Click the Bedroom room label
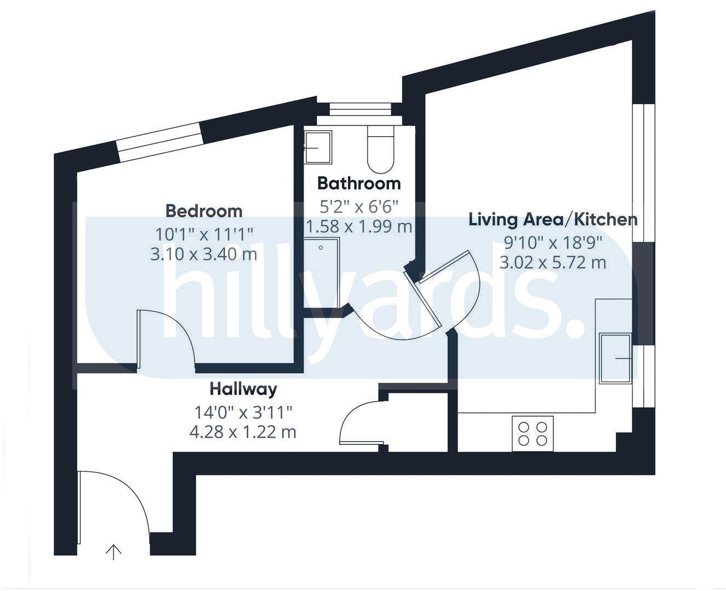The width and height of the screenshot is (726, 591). (x=204, y=211)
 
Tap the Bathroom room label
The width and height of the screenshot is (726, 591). (x=359, y=183)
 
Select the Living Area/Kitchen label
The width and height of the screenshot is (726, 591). (x=553, y=219)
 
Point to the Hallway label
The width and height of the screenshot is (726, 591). (x=243, y=389)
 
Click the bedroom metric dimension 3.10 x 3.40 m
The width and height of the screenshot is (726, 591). (x=203, y=254)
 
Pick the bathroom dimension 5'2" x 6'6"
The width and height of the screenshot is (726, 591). (x=359, y=206)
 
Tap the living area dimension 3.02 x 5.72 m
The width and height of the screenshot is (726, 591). (x=553, y=263)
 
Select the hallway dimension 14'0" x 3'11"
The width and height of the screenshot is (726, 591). (x=243, y=412)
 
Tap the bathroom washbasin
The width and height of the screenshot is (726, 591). (x=318, y=147)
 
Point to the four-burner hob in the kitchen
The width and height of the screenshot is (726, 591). (x=533, y=433)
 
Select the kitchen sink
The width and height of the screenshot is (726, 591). (x=615, y=358)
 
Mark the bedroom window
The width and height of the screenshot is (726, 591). (x=159, y=142)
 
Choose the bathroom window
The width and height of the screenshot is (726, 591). (x=359, y=109)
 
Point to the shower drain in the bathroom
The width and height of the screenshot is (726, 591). (x=321, y=247)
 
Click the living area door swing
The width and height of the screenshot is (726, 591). (x=447, y=290)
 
